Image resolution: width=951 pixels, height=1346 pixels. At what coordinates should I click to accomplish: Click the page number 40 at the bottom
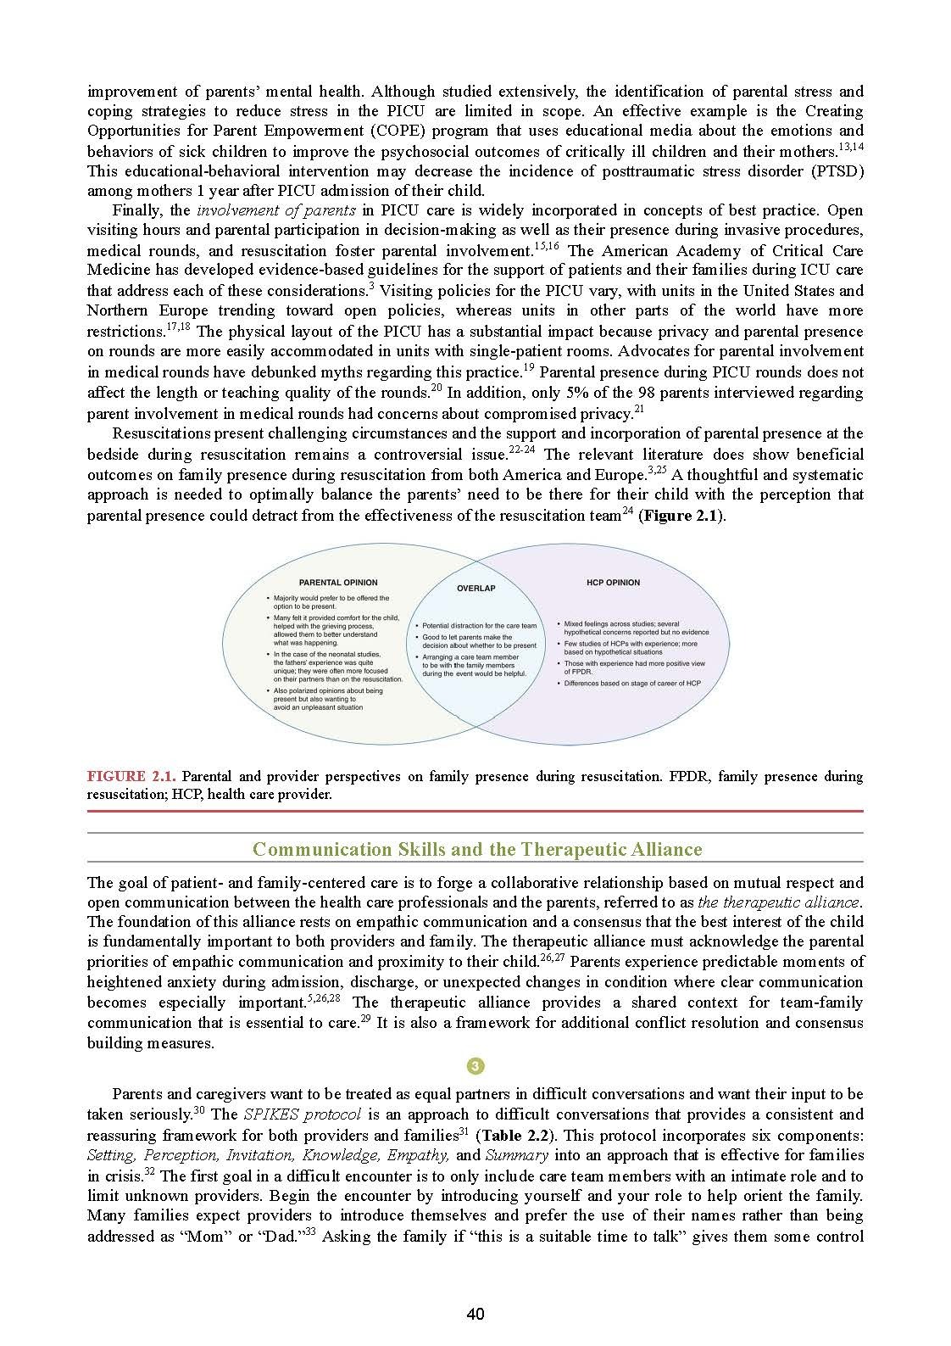click(475, 1315)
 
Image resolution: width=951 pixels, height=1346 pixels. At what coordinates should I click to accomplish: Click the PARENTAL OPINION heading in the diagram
click(333, 583)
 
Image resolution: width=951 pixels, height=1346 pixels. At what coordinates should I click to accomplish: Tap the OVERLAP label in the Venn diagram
click(475, 588)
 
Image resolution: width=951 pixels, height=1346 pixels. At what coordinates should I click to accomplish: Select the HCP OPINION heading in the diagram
click(613, 583)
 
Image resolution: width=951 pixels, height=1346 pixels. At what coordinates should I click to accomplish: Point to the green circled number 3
click(475, 1066)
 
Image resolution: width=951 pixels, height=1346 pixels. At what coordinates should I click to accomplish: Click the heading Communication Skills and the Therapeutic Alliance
click(477, 849)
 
